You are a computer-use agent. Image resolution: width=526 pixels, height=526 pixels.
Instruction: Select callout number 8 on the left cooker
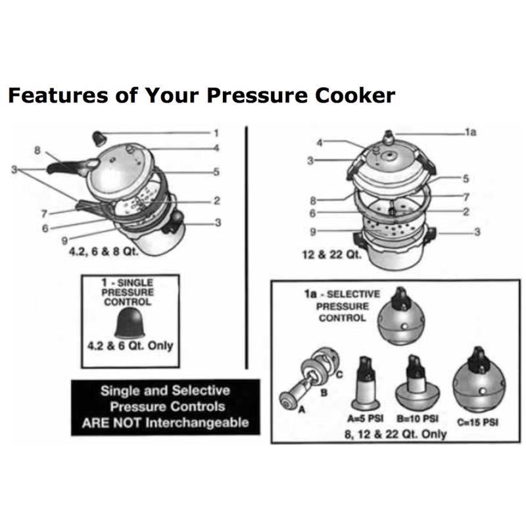[37, 150]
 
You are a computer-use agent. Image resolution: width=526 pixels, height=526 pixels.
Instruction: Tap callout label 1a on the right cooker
[469, 132]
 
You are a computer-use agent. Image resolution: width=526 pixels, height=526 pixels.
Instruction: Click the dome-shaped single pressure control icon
[127, 322]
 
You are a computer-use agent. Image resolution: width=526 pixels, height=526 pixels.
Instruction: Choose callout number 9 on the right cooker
[314, 231]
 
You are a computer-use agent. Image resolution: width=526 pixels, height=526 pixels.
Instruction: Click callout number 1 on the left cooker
[216, 132]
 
